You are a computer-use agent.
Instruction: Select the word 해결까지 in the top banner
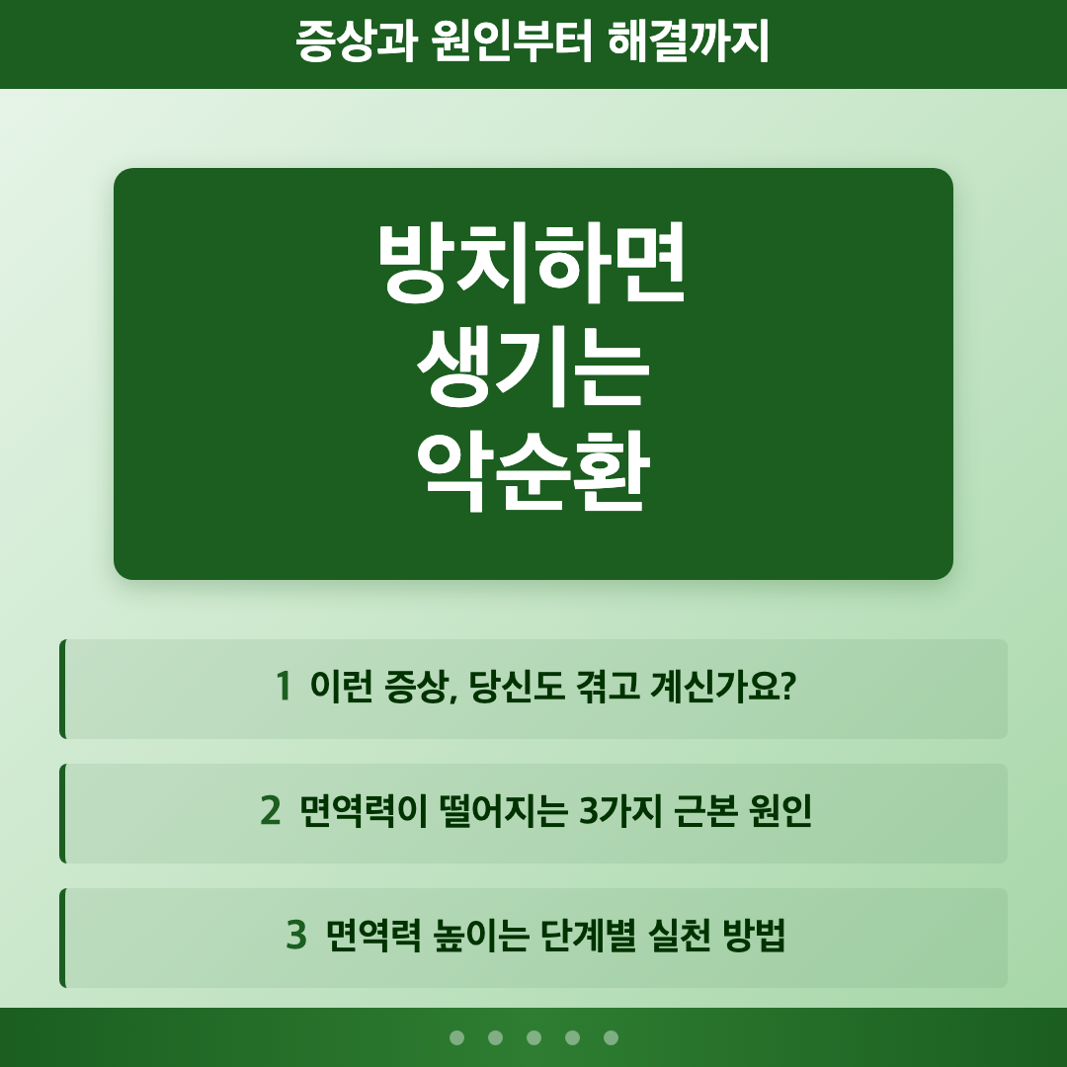tap(691, 42)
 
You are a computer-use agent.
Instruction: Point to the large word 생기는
tap(533, 372)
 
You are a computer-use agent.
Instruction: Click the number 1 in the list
tap(284, 686)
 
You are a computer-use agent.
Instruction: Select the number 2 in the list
tap(270, 811)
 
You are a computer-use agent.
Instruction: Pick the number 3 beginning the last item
tap(295, 936)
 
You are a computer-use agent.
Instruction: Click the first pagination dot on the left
tap(456, 1037)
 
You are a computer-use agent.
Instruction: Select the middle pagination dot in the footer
tap(533, 1037)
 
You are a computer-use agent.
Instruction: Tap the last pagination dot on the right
tap(611, 1037)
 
